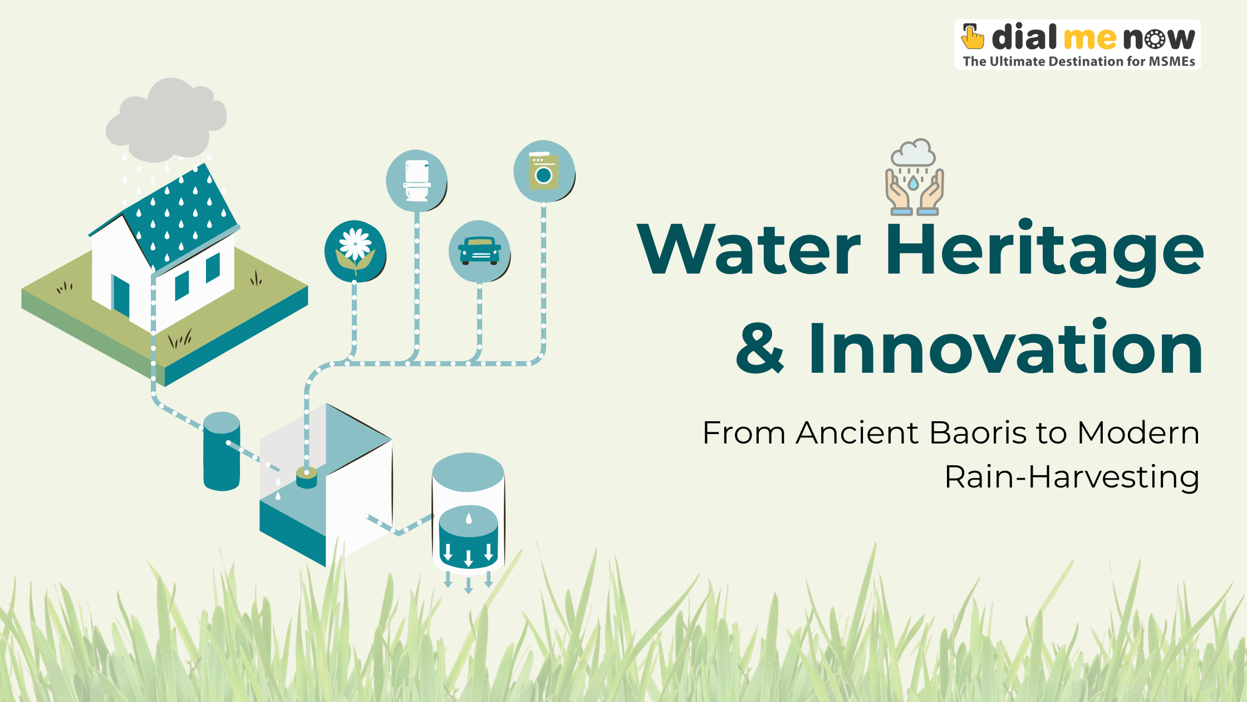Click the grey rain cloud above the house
(x=166, y=120)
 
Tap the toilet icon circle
(x=416, y=181)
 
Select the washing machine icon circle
(x=544, y=171)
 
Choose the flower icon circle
(x=355, y=251)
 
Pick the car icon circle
(x=479, y=251)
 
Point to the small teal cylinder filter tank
(x=222, y=451)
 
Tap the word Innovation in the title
(x=1005, y=348)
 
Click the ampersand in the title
(x=760, y=348)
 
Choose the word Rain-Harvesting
(x=1072, y=477)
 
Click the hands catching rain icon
(x=914, y=177)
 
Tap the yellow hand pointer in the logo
(x=973, y=36)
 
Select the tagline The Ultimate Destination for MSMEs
(x=1079, y=61)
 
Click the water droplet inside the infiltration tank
(x=469, y=519)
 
